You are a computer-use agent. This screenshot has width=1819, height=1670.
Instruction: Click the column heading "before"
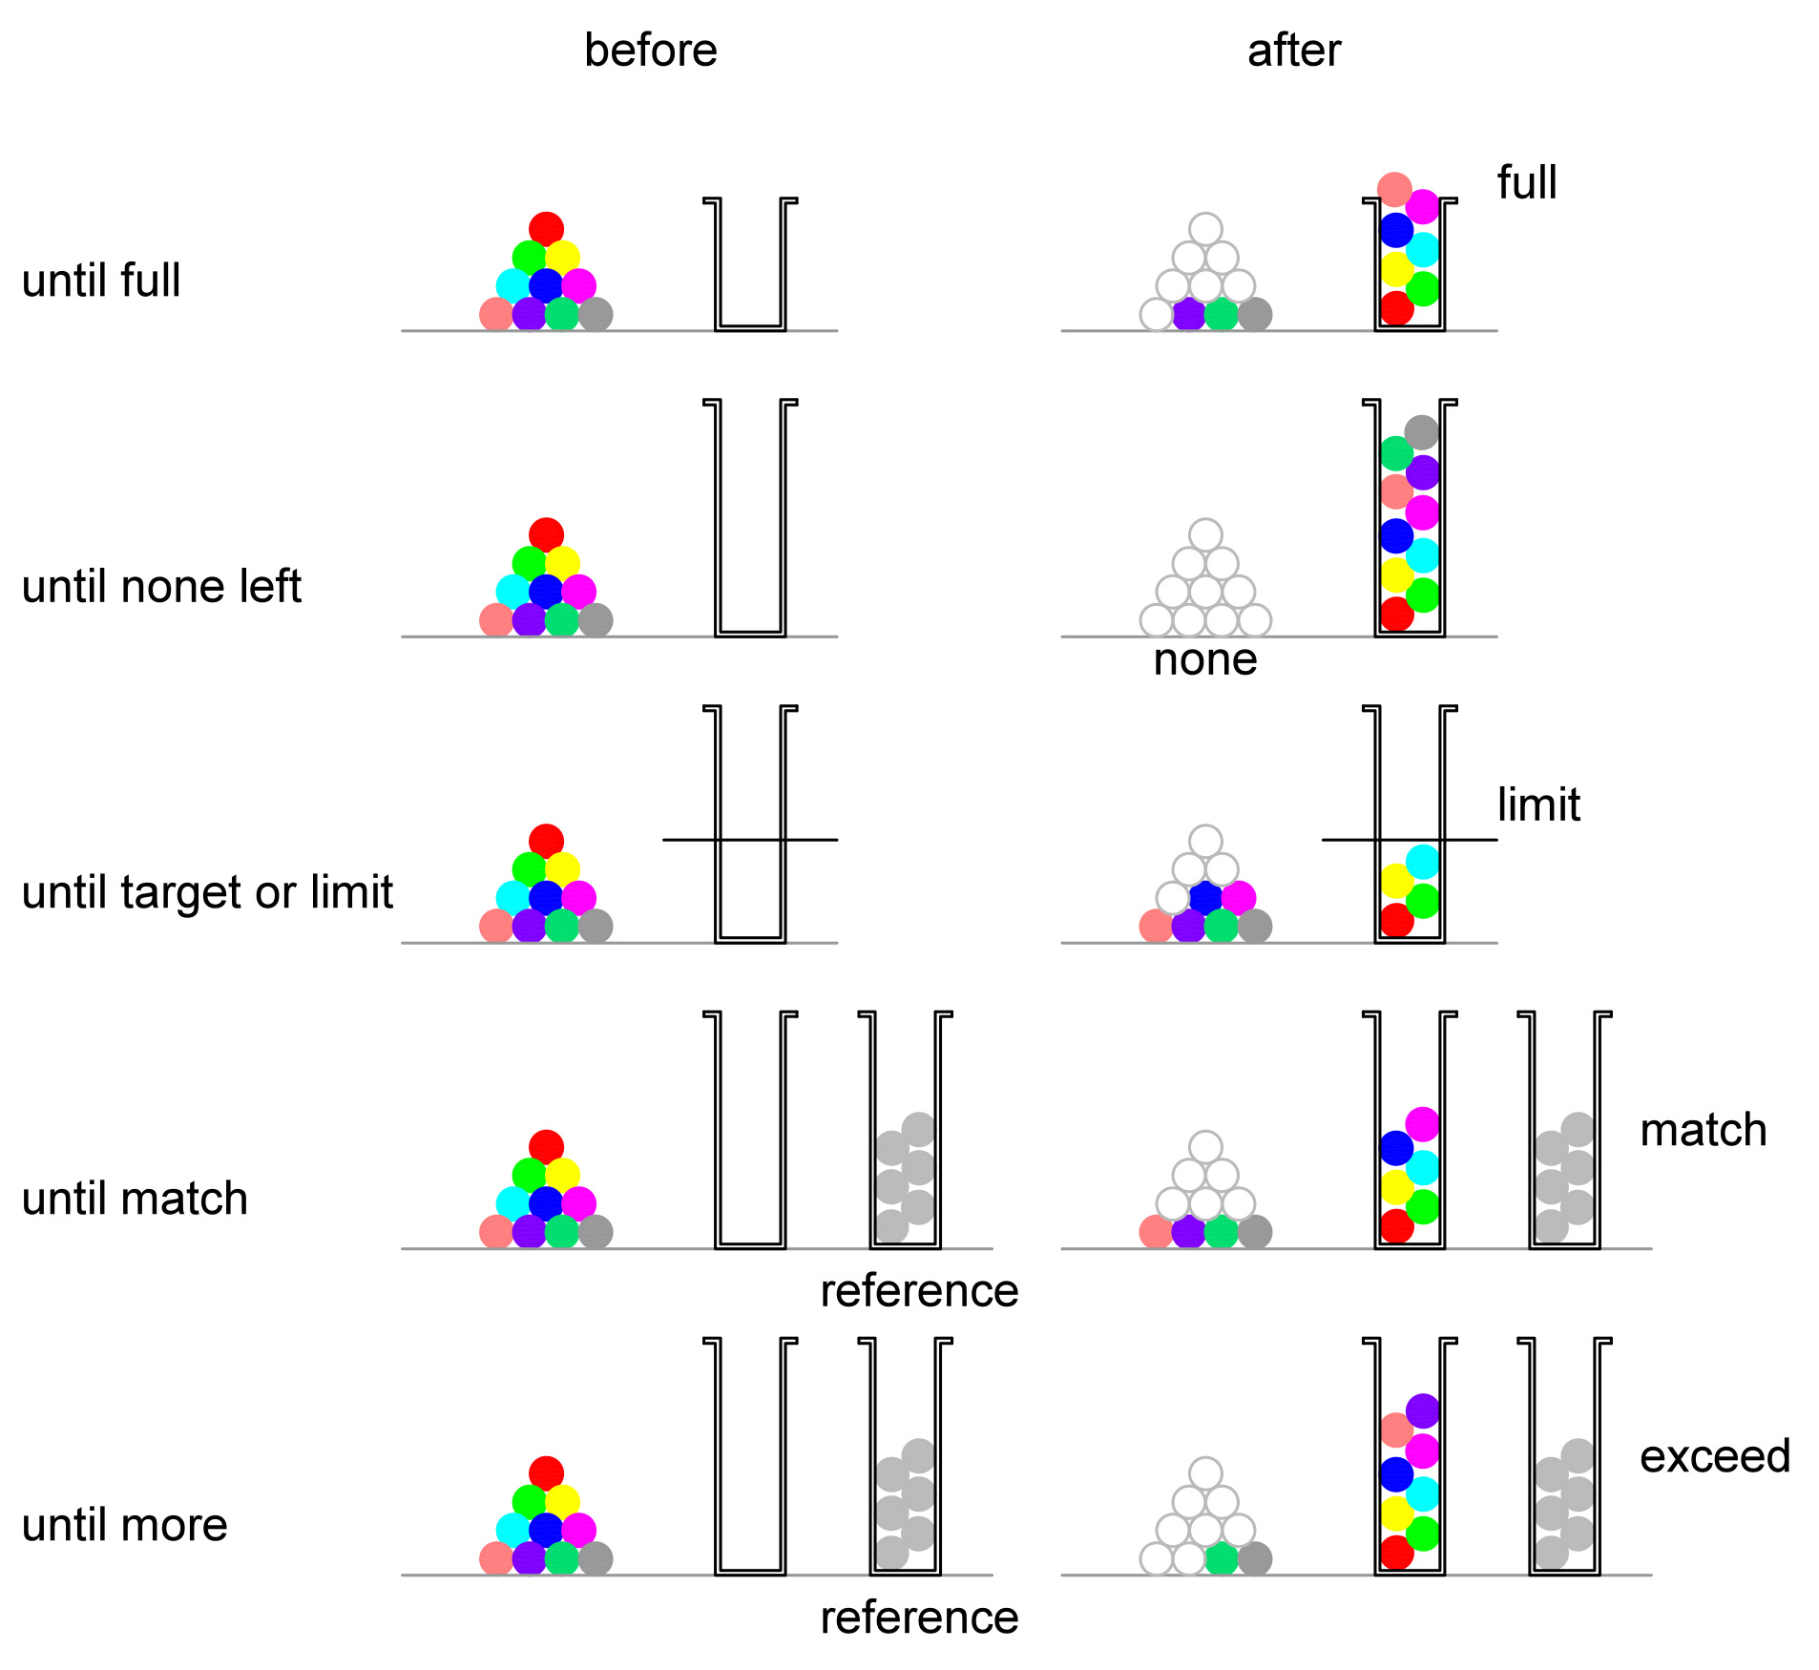coord(650,51)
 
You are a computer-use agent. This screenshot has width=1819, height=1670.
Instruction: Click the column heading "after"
coord(1293,51)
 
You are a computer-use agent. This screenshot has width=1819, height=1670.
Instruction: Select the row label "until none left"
coord(161,586)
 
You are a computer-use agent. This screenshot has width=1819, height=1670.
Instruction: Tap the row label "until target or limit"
coord(207,892)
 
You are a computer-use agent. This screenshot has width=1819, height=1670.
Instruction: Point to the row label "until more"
coord(125,1524)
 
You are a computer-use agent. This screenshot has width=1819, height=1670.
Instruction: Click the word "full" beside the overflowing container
coord(1526,182)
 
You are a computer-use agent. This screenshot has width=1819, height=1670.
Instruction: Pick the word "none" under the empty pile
coord(1204,659)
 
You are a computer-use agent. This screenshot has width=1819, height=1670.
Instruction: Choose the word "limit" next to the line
coord(1537,804)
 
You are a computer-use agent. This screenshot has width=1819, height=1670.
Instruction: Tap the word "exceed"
coord(1714,1456)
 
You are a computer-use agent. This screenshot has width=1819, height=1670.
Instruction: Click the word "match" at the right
coord(1703,1130)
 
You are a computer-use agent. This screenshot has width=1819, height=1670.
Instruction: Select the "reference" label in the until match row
coord(919,1291)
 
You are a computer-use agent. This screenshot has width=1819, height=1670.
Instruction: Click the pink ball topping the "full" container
coord(1394,190)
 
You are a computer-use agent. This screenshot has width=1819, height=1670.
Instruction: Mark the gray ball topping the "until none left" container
coord(1421,432)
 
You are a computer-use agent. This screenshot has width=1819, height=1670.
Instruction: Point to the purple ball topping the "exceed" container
coord(1422,1410)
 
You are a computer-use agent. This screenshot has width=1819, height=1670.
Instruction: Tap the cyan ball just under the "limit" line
coord(1422,862)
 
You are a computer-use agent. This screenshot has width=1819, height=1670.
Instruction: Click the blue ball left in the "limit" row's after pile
coord(1205,898)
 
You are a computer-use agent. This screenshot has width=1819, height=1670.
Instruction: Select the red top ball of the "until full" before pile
coord(546,229)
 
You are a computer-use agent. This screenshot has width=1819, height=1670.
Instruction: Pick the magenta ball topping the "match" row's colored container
coord(1422,1124)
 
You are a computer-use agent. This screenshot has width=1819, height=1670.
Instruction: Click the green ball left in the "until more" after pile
coord(1222,1558)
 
